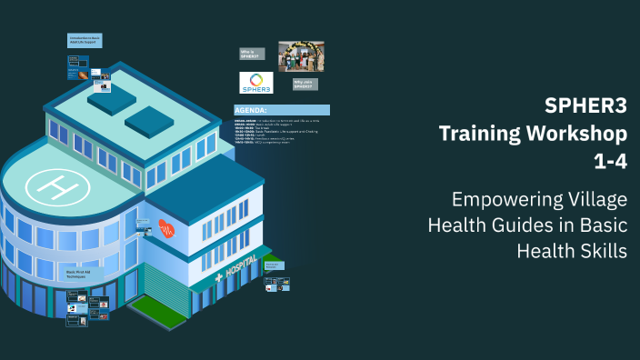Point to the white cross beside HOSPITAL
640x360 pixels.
point(218,277)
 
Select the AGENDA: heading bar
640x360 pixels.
point(281,110)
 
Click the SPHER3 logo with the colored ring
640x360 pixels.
point(256,82)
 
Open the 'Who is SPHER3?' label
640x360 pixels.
point(253,54)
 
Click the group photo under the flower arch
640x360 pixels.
point(301,55)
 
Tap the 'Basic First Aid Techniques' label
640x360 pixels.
point(83,273)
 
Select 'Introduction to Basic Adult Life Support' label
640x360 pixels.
point(85,41)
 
